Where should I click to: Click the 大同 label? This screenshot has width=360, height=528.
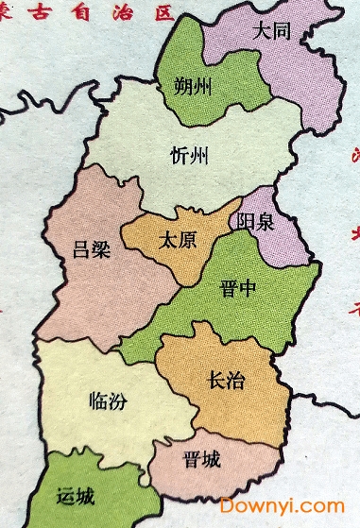pyautogui.click(x=272, y=31)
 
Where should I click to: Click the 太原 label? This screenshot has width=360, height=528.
pyautogui.click(x=180, y=239)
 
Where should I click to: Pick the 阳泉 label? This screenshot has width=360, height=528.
pyautogui.click(x=256, y=222)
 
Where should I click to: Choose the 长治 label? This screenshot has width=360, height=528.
pyautogui.click(x=225, y=381)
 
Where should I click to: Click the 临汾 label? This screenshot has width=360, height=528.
pyautogui.click(x=131, y=400)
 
